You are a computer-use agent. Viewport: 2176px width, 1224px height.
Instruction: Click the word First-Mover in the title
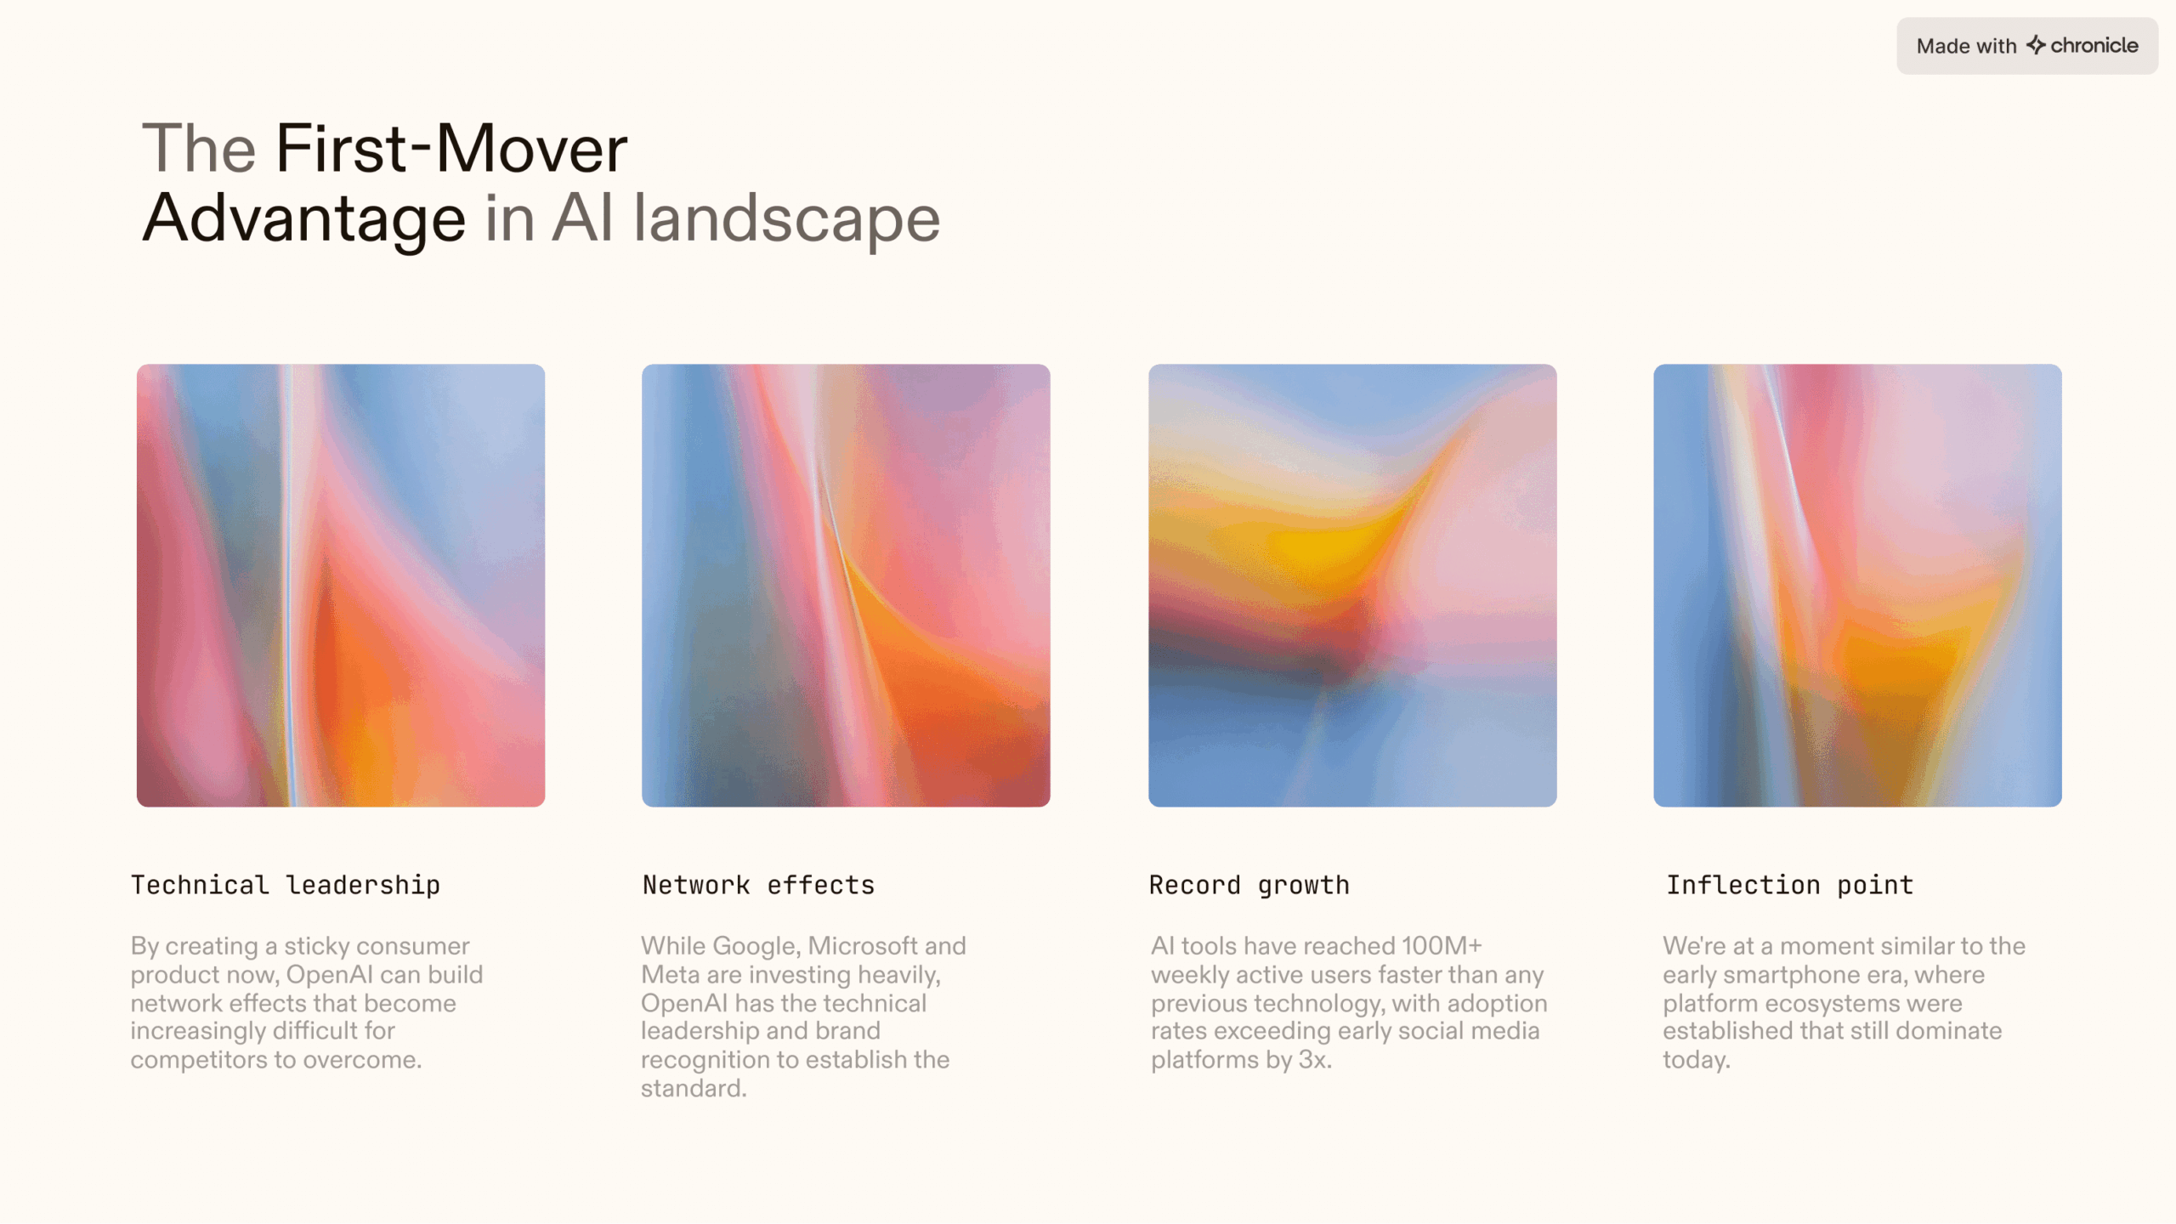[451, 148]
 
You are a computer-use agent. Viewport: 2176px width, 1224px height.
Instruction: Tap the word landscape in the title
[787, 218]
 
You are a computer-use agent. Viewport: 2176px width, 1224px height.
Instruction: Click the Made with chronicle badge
[2026, 46]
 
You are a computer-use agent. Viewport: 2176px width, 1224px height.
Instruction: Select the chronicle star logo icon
[2036, 45]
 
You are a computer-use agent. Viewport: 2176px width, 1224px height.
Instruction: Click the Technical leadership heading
[286, 885]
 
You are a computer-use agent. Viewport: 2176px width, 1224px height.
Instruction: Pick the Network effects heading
[758, 885]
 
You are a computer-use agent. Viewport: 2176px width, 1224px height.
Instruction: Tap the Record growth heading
[1249, 886]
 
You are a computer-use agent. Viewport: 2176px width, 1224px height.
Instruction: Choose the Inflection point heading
[1789, 885]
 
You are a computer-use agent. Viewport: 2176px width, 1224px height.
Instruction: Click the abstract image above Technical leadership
[341, 586]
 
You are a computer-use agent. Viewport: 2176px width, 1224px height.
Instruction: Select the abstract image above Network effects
[846, 586]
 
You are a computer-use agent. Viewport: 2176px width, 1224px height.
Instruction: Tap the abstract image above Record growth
[1352, 586]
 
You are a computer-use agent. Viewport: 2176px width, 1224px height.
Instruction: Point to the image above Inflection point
[1857, 586]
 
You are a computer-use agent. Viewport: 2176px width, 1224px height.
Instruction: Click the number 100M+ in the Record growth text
[1442, 946]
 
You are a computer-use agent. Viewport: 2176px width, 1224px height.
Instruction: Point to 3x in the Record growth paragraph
[1314, 1060]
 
